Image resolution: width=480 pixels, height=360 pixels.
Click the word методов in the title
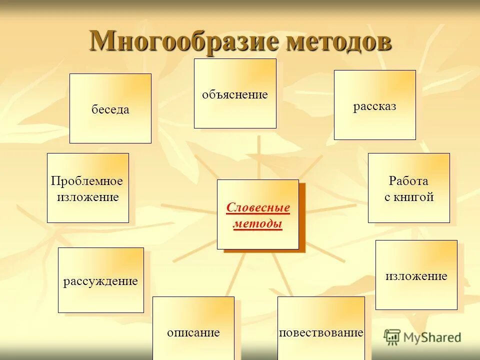338,40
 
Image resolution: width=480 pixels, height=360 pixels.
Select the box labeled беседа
110,108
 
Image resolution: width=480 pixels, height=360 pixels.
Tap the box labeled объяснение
235,93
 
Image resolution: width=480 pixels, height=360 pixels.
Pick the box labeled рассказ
374,105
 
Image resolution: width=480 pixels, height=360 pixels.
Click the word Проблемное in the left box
87,181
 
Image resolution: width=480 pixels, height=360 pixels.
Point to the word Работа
408,181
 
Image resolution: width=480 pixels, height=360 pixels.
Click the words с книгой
408,197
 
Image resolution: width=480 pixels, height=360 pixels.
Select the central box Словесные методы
257,214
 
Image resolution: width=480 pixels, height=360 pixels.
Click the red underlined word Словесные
258,207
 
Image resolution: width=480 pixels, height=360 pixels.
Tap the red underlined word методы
258,223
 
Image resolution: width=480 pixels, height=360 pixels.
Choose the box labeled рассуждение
100,280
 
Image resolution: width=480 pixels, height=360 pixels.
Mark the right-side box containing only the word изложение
416,275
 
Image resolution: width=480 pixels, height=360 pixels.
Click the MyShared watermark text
432,337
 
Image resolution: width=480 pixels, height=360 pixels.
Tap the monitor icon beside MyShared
392,337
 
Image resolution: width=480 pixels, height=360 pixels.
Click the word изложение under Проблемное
87,197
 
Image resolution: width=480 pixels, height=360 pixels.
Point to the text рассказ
374,106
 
